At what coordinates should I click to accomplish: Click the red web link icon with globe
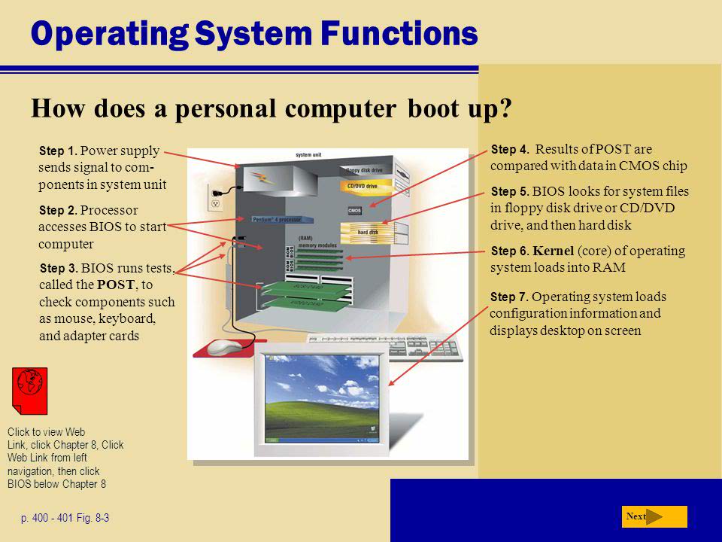click(x=30, y=389)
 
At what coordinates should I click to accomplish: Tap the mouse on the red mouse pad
click(x=223, y=347)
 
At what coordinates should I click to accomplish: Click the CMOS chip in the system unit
click(x=355, y=210)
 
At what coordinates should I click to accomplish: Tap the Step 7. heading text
click(x=509, y=297)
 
